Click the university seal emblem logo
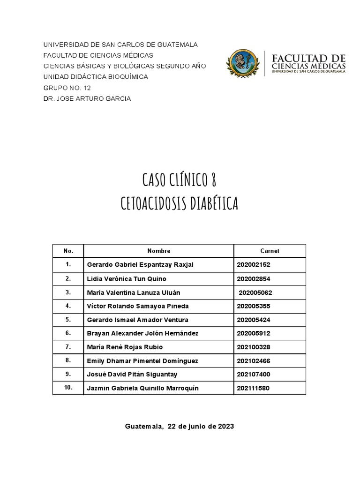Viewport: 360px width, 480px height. point(242,64)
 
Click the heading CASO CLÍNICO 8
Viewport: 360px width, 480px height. point(180,180)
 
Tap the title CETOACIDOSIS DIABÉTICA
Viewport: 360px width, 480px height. point(180,203)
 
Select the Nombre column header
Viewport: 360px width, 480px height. point(159,251)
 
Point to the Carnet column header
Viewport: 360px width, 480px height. point(270,251)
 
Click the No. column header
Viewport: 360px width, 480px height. point(68,251)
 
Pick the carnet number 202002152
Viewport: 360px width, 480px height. point(254,265)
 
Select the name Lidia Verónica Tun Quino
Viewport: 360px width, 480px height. point(127,279)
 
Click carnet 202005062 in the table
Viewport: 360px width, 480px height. point(255,292)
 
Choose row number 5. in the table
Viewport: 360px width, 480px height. point(68,320)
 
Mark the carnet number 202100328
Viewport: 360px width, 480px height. point(254,347)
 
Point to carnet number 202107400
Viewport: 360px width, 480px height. point(254,375)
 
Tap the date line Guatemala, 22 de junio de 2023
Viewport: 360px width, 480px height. point(180,427)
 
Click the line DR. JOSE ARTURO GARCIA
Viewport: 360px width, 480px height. point(87,98)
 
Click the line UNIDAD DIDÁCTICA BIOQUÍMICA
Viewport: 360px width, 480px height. point(96,77)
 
